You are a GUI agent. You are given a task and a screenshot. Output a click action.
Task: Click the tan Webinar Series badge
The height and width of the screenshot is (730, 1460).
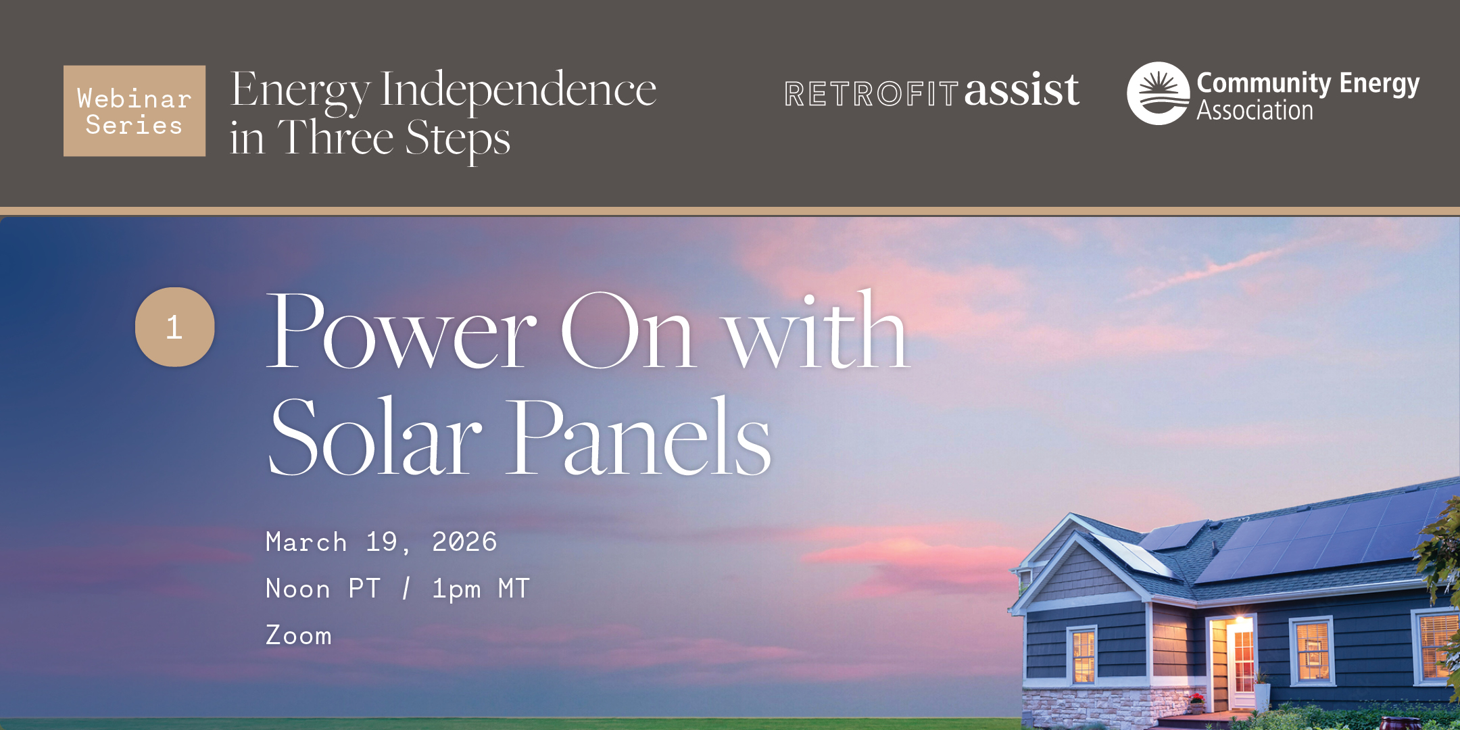[135, 111]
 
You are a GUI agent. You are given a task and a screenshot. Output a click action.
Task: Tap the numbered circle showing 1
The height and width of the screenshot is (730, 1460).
[175, 327]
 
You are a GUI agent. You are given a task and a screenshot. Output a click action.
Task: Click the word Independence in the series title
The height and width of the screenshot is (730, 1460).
[518, 91]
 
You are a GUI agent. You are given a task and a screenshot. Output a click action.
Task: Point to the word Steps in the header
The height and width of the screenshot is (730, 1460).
[458, 140]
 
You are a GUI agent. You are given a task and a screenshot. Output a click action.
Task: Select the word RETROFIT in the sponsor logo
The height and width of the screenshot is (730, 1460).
[871, 94]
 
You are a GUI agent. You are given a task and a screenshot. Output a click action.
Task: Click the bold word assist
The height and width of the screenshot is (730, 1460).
[1021, 90]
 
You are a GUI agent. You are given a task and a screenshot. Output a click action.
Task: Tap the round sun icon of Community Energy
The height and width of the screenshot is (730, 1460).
[1159, 93]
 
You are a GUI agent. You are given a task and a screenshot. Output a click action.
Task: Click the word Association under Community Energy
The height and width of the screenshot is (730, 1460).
[1255, 110]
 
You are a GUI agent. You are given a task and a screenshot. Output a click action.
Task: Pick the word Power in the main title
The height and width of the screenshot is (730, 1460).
[401, 331]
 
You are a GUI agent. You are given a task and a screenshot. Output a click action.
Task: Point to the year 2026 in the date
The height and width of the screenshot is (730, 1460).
[464, 542]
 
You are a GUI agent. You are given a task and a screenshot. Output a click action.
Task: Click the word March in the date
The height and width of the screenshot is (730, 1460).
[306, 542]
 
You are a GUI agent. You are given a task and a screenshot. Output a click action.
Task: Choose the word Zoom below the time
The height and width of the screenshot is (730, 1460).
[299, 635]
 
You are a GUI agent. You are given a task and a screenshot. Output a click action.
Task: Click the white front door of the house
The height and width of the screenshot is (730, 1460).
[1242, 665]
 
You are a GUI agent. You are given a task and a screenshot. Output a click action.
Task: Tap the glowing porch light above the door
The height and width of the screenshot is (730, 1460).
[1240, 618]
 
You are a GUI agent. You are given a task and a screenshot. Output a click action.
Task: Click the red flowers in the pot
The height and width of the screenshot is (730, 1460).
[1197, 698]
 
